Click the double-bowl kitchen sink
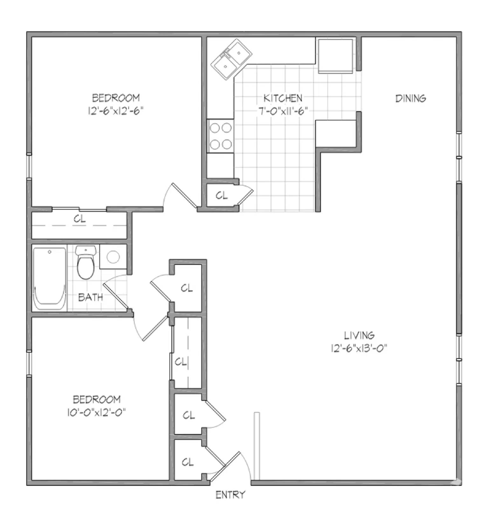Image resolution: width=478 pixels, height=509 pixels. pos(231,59)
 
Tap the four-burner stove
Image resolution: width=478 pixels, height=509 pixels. pos(220,136)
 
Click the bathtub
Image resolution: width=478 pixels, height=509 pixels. pos(50,279)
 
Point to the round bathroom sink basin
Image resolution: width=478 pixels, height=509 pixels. pos(113,257)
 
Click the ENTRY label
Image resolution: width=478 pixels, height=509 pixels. pos(231,495)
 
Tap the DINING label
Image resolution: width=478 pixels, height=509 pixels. pos(410,99)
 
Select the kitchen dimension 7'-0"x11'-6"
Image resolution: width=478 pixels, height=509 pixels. pos(282,111)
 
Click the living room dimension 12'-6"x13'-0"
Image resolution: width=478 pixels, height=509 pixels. pos(359,348)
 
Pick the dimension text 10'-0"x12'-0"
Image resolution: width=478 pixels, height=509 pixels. pos(96,413)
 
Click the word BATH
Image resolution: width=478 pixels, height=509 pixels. pos(91,297)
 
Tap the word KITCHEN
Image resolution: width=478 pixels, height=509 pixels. pos(283,98)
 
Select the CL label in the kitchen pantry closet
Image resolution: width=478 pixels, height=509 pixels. pos(222,195)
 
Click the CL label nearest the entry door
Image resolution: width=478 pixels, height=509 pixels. pos(188,462)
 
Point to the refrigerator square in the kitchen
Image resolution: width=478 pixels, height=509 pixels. pos(336,56)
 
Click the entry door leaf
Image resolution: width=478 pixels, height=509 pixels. pos(225,467)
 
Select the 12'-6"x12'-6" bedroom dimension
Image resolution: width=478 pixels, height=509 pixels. pos(115,111)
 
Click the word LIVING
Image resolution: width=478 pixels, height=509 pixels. pos(359,335)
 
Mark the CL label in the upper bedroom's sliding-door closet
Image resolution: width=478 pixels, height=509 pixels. pos(80,219)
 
